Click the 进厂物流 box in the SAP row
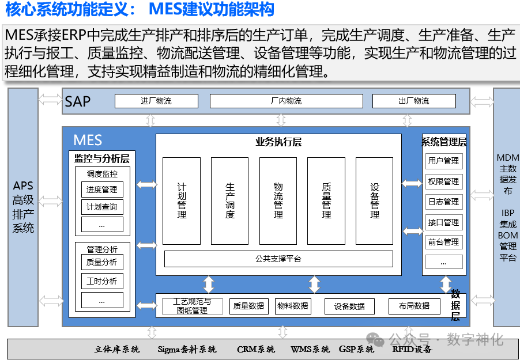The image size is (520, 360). pos(156,101)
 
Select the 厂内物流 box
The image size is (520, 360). pos(286,101)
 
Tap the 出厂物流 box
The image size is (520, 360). pos(413,101)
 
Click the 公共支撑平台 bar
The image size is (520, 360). pos(278,259)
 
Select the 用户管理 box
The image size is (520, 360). pos(443,161)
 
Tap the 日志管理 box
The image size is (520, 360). pos(443,202)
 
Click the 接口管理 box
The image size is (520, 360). pos(443,222)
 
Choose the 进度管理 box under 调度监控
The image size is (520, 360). pos(102,190)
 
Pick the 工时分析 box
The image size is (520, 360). pos(102,282)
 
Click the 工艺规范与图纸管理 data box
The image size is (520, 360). pos(192,306)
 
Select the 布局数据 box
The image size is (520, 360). pos(413,306)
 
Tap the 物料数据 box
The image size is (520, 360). pos(292,306)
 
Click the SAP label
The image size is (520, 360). pos(77,102)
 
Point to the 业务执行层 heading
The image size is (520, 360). pos(278,142)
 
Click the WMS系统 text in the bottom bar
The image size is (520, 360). pos(310,349)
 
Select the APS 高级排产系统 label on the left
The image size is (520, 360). pos(24,207)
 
